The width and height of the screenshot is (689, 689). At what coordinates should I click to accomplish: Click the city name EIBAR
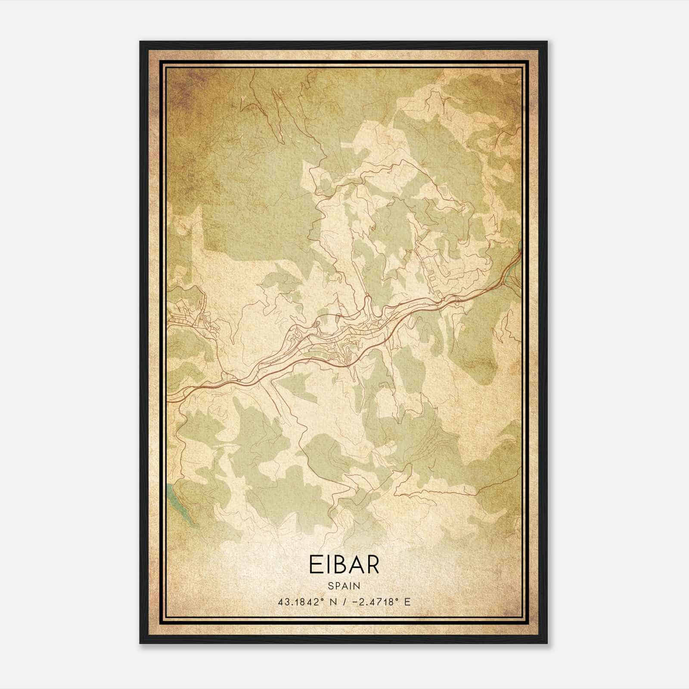344,565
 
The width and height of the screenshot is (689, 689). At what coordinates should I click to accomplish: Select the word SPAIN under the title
344,586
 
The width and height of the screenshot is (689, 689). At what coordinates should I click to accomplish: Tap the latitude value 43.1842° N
306,602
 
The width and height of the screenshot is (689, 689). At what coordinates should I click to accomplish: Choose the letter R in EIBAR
372,565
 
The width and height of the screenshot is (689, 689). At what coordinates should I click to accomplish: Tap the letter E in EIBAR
315,565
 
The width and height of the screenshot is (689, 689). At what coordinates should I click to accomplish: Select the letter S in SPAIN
330,586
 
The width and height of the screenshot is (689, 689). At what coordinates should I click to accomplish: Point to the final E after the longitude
407,602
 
